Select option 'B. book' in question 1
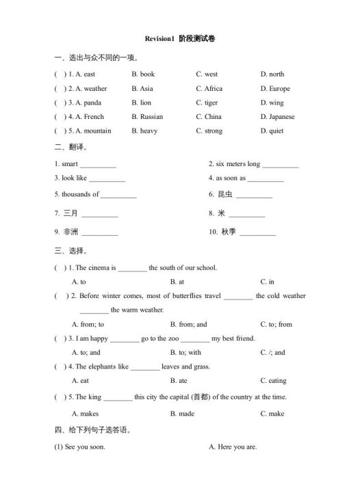(x=143, y=74)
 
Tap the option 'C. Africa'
(x=209, y=88)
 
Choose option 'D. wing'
(x=272, y=103)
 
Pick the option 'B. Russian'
(x=147, y=116)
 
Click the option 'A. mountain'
(x=93, y=131)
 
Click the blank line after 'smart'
(x=98, y=165)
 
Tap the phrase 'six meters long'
(x=234, y=164)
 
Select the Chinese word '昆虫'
(x=225, y=194)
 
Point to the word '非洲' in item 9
(x=70, y=232)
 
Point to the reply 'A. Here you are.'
(x=233, y=446)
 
